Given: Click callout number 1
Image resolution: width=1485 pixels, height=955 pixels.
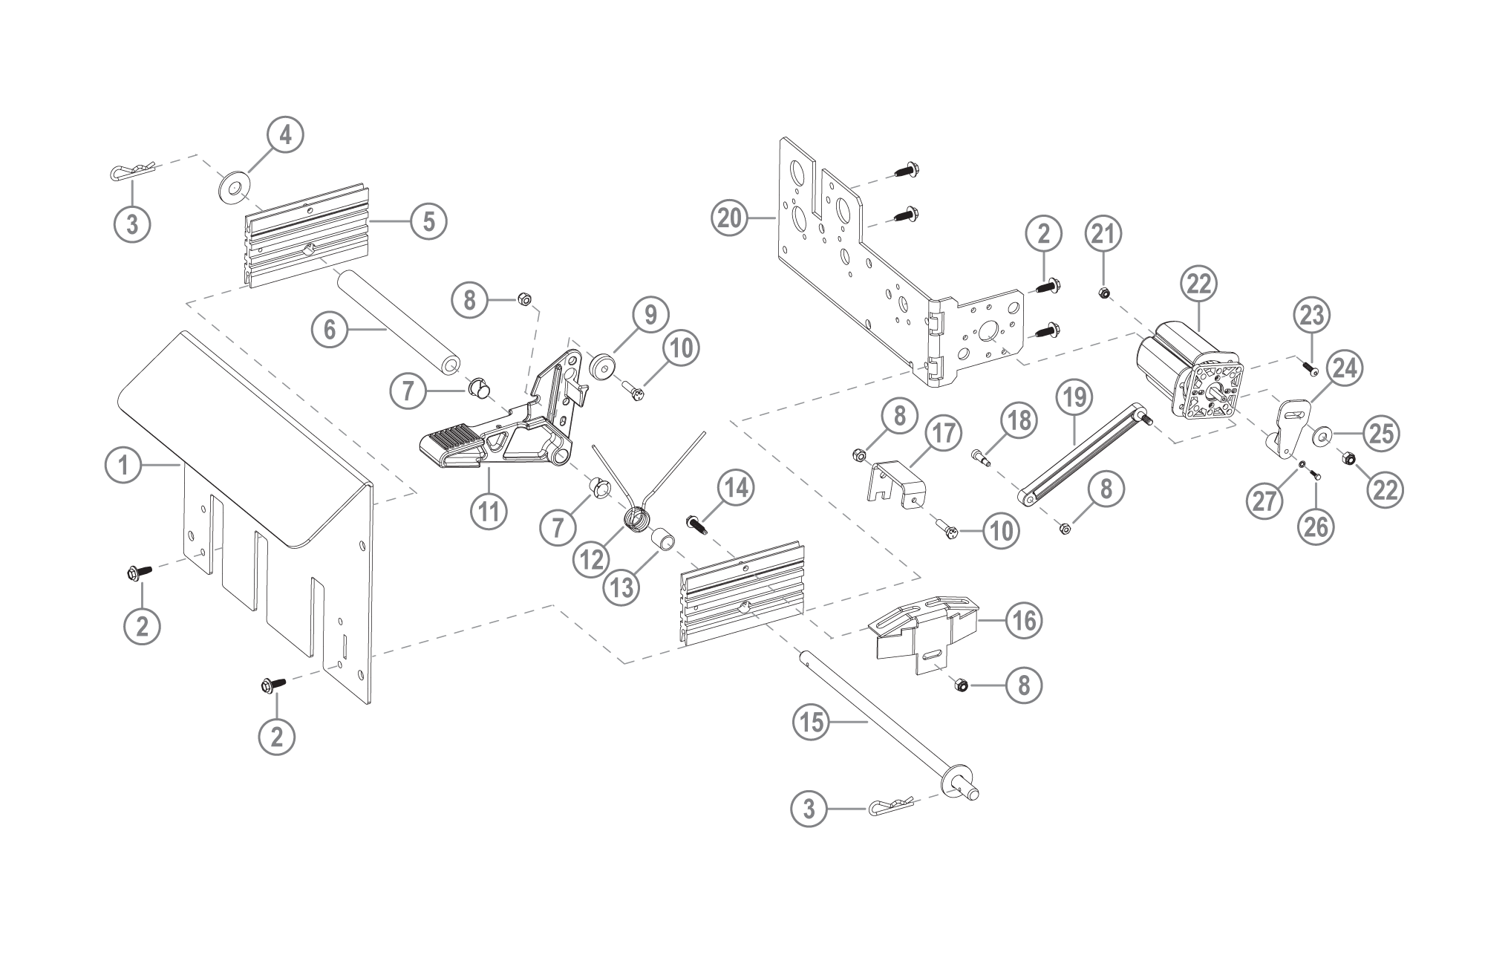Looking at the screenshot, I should (x=123, y=466).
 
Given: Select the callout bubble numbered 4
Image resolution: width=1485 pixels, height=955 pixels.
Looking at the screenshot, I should (x=285, y=136).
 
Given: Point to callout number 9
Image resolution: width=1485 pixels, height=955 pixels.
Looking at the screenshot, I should (x=650, y=314).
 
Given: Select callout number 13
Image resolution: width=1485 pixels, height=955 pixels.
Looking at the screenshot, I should (x=621, y=587).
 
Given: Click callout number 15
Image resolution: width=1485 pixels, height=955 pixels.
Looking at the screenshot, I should (x=812, y=721).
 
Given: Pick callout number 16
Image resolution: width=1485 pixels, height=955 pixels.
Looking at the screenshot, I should (x=1024, y=619).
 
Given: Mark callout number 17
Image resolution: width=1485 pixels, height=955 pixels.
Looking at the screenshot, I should (x=943, y=433).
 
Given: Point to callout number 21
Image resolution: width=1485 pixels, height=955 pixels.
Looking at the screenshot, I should (x=1103, y=233).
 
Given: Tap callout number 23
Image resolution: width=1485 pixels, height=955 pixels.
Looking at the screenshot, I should (x=1311, y=315).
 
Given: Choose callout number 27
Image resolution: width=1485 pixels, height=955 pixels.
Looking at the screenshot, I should (x=1265, y=501).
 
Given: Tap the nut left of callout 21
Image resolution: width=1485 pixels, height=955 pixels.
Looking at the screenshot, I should (x=1104, y=294).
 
